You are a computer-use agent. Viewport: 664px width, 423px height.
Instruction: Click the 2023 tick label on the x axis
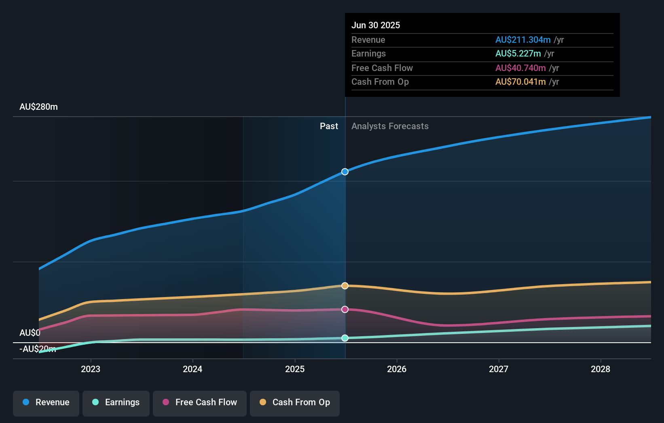click(91, 369)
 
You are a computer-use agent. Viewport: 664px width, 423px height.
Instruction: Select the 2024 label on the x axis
click(192, 369)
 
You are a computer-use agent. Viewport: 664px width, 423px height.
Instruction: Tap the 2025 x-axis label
click(295, 369)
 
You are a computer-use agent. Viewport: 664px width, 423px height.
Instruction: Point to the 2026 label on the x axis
click(397, 369)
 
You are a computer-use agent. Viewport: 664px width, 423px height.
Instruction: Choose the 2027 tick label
click(499, 369)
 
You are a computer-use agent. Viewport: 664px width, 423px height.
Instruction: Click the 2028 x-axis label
click(601, 369)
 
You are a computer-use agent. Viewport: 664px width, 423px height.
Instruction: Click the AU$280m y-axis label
click(38, 107)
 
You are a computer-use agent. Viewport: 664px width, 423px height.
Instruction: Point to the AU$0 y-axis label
click(30, 333)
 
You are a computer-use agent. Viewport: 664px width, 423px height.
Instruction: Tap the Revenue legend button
click(46, 402)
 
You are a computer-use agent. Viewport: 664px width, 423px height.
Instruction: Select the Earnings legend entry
click(116, 402)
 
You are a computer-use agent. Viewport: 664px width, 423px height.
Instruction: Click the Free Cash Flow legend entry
click(200, 402)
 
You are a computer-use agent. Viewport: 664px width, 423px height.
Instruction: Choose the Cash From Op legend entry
click(295, 402)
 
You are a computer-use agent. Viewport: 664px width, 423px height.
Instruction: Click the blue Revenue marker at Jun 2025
click(345, 172)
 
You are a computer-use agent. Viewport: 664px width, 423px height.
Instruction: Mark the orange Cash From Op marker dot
click(345, 286)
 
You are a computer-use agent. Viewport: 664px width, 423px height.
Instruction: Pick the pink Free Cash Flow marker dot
click(345, 310)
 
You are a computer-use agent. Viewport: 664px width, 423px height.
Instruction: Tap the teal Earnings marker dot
click(345, 338)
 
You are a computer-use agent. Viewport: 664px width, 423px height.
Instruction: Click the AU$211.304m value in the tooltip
click(523, 40)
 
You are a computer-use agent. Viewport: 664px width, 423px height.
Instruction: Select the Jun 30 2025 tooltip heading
click(376, 25)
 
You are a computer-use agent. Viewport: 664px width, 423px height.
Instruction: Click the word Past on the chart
click(329, 126)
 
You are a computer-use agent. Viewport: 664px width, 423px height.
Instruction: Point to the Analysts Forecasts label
click(390, 126)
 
